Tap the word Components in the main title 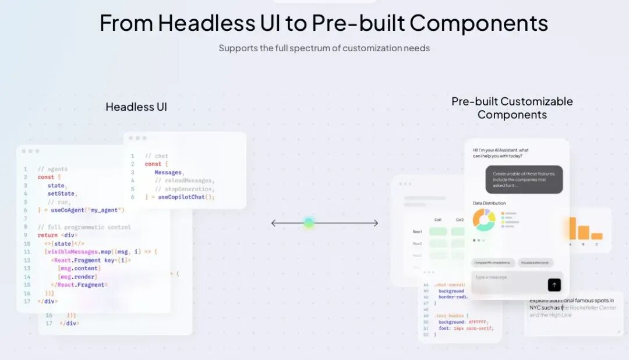click(478, 23)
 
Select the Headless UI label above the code click(136, 107)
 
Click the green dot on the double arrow click(309, 223)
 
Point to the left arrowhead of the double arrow click(274, 223)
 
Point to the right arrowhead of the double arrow click(375, 223)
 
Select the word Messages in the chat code click(168, 172)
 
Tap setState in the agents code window click(62, 193)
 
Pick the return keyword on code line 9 click(48, 235)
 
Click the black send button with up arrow click(554, 285)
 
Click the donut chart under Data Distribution click(483, 220)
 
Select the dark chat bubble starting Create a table click(524, 179)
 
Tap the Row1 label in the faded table click(417, 232)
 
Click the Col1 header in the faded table click(438, 220)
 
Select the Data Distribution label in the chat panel click(489, 203)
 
